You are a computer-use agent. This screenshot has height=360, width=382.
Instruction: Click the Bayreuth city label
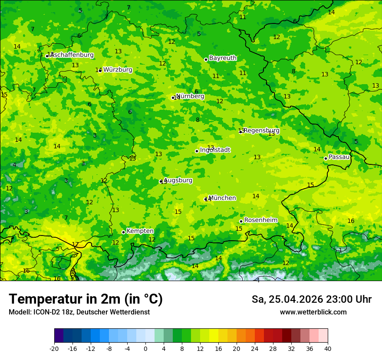coord(223,58)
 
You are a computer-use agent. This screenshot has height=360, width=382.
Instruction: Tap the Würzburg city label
coord(118,70)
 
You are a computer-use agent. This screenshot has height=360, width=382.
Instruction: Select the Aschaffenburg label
coord(72,55)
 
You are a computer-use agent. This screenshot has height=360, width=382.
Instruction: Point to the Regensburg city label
coord(261,131)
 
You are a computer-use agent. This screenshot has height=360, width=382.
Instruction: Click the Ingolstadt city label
coord(215,150)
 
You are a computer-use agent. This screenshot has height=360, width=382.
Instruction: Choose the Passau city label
coord(339,157)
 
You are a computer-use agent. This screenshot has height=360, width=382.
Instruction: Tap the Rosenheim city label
coord(260,220)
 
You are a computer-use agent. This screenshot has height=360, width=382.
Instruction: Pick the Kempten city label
coord(140,231)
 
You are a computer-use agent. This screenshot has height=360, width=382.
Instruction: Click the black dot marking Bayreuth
coord(206,59)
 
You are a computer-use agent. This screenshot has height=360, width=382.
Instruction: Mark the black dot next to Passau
coord(326,158)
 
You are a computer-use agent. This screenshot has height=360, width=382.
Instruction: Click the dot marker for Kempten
coord(123,232)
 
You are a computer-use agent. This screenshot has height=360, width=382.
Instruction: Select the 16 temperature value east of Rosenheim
coord(351,221)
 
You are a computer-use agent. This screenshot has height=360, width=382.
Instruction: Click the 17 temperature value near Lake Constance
coord(75,245)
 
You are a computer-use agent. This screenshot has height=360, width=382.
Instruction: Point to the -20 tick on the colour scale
coord(54,349)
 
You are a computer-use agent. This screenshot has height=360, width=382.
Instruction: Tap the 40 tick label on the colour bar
coord(328,349)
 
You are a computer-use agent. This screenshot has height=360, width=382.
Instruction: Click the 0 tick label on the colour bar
coord(145,349)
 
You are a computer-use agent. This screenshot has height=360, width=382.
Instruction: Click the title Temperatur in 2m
coord(86,299)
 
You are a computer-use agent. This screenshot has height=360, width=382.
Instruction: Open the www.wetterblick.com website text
coord(313,312)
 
